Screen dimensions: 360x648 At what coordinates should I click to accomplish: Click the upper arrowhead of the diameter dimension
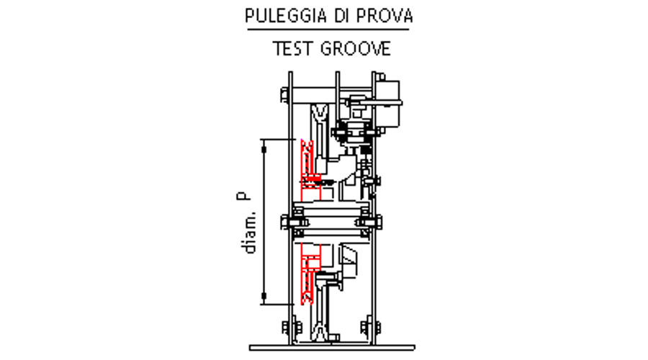pyautogui.click(x=264, y=148)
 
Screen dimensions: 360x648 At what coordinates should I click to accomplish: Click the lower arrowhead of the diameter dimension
pyautogui.click(x=264, y=294)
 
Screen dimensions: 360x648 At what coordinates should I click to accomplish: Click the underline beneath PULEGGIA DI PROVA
pyautogui.click(x=328, y=30)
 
